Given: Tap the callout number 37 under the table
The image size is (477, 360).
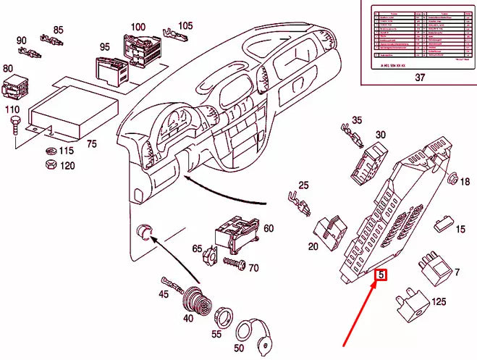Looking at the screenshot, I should (x=419, y=78).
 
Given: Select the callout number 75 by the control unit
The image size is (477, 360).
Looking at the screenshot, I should (x=91, y=144).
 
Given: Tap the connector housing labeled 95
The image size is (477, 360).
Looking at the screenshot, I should (x=111, y=70).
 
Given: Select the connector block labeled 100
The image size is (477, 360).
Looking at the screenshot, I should (x=141, y=46).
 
